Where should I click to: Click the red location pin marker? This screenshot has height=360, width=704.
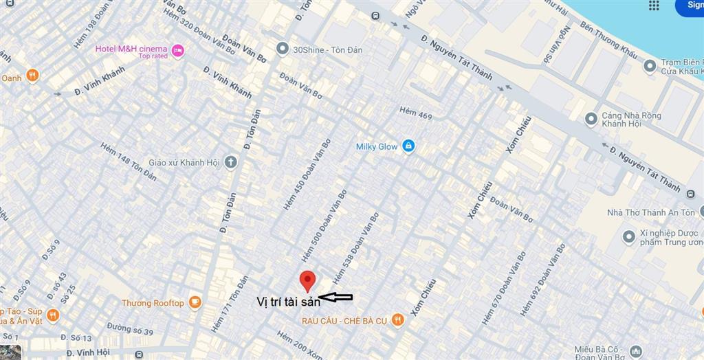(x=307, y=280)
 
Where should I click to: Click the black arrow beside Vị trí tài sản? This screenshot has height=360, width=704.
(x=336, y=297)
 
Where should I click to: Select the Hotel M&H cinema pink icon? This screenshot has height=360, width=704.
(x=178, y=49)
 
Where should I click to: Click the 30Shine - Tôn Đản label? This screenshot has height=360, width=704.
(x=327, y=49)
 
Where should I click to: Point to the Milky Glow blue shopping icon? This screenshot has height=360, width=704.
(x=408, y=146)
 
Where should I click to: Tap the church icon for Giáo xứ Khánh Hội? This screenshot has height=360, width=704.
(x=230, y=163)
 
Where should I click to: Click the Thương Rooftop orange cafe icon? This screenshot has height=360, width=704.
(x=195, y=302)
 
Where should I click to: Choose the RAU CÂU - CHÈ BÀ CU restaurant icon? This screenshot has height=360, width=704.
(x=397, y=320)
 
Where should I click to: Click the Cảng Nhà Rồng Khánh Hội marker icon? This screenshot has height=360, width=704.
(x=591, y=120)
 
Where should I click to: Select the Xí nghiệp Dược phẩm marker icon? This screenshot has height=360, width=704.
(x=628, y=237)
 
